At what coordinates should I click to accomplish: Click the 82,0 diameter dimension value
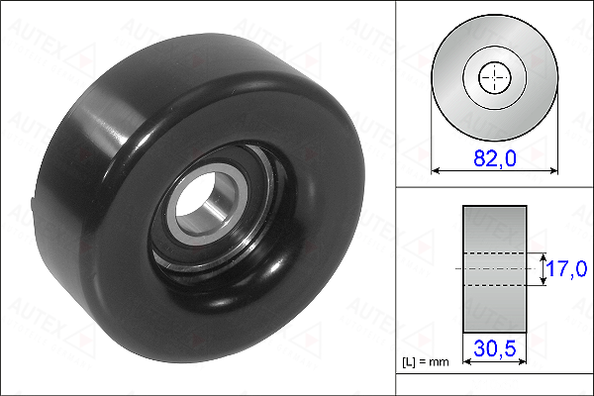[495, 158]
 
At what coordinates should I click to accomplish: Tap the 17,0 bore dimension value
[567, 268]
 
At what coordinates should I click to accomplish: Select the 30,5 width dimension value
[495, 348]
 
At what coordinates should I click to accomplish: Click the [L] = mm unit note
[425, 362]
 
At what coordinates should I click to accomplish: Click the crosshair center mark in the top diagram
[495, 77]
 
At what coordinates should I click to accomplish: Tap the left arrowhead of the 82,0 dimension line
[436, 171]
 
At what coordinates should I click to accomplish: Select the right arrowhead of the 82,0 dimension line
[553, 171]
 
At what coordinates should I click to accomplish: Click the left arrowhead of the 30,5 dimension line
[466, 362]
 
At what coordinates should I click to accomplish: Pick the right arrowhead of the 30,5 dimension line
[523, 362]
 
